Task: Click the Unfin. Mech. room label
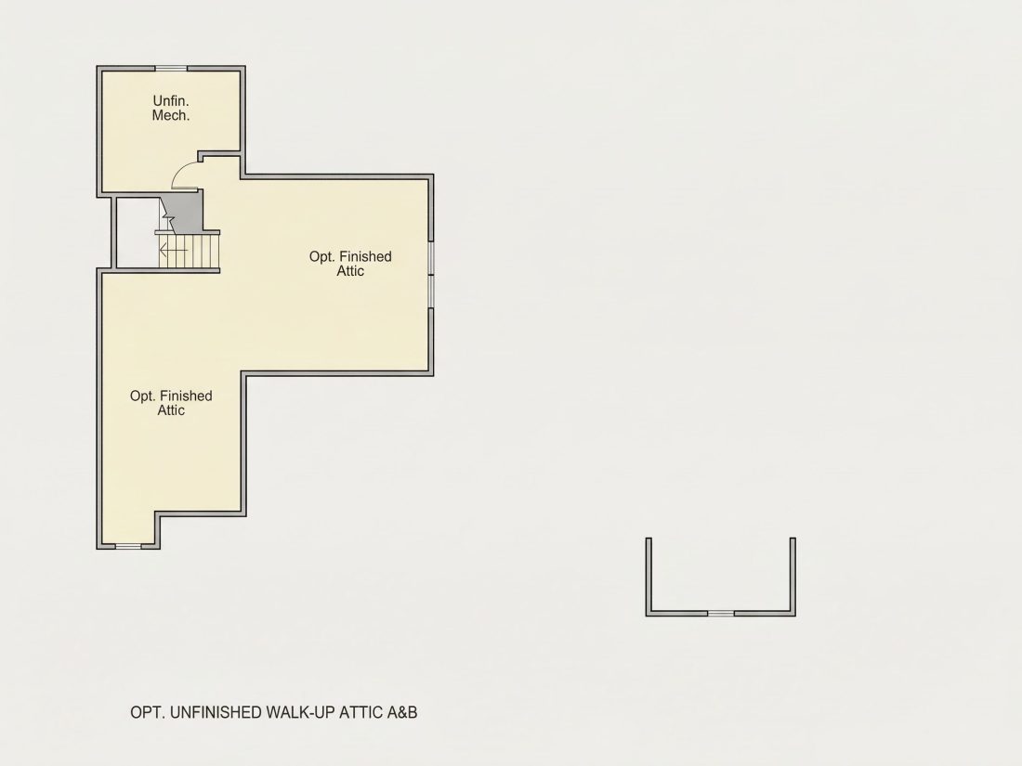pyautogui.click(x=171, y=108)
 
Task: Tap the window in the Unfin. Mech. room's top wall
pyautogui.click(x=171, y=68)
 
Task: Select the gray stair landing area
pyautogui.click(x=186, y=211)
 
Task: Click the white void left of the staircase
pyautogui.click(x=137, y=232)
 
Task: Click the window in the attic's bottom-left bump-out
pyautogui.click(x=128, y=546)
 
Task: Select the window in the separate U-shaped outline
pyautogui.click(x=721, y=613)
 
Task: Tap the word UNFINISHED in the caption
pyautogui.click(x=216, y=712)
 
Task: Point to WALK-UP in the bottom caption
pyautogui.click(x=300, y=712)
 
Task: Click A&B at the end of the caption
pyautogui.click(x=402, y=712)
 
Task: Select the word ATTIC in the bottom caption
pyautogui.click(x=361, y=712)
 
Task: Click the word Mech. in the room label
pyautogui.click(x=171, y=115)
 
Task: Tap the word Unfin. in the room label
pyautogui.click(x=171, y=101)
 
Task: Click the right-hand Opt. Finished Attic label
pyautogui.click(x=350, y=264)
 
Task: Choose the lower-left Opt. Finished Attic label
pyautogui.click(x=171, y=403)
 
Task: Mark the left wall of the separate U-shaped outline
pyautogui.click(x=649, y=577)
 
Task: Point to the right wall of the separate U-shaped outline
pyautogui.click(x=793, y=577)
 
